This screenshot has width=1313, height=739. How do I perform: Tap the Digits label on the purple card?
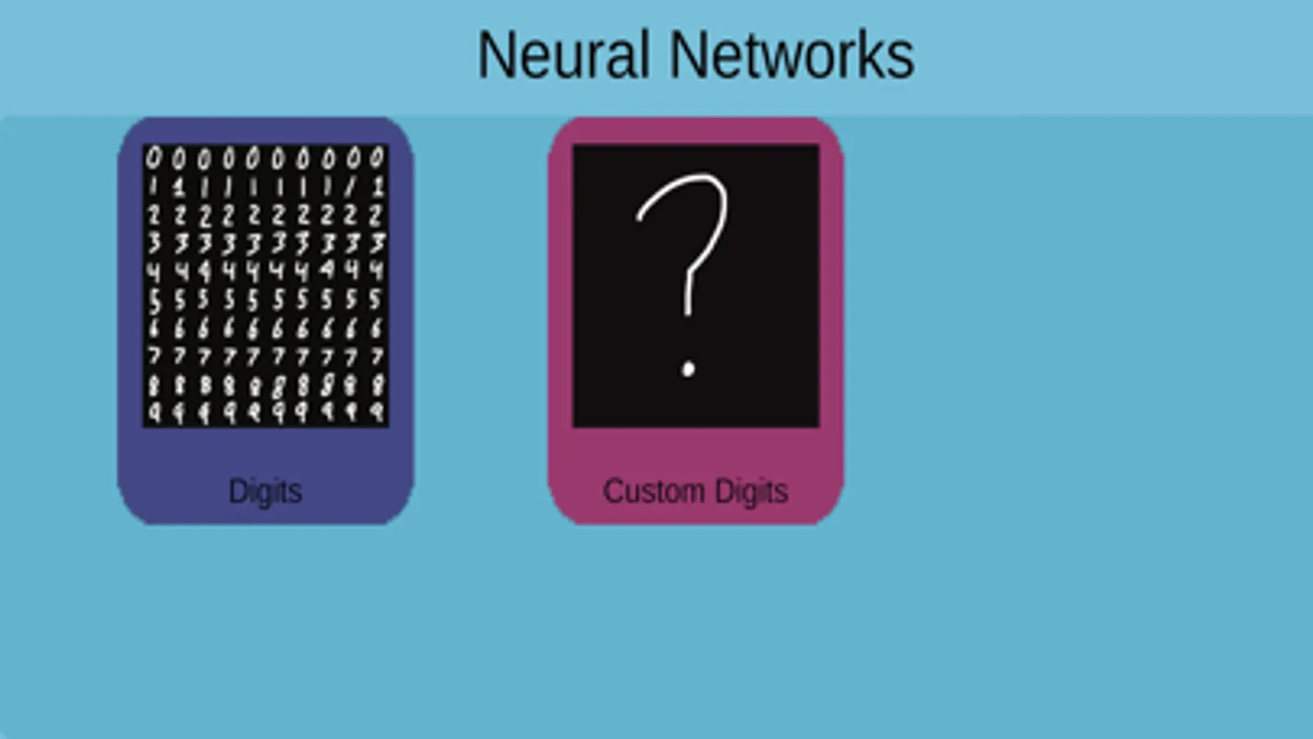(265, 491)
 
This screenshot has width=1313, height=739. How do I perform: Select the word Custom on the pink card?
(654, 491)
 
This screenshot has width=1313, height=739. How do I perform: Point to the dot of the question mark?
(688, 369)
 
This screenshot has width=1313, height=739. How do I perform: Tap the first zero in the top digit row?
(154, 158)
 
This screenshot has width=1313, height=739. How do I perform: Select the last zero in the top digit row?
(377, 158)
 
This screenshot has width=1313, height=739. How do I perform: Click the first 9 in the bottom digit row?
(154, 412)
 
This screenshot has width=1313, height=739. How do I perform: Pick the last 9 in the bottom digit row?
(377, 412)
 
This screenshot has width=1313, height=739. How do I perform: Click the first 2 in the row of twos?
(154, 215)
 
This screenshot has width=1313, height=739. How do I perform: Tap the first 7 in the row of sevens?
(154, 356)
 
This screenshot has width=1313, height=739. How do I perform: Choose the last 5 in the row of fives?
(375, 299)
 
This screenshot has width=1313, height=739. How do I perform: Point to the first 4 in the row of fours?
(154, 271)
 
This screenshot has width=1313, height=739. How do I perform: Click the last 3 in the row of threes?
(377, 243)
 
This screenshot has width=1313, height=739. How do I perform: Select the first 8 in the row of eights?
(154, 384)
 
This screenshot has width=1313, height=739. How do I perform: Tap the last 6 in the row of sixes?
(377, 328)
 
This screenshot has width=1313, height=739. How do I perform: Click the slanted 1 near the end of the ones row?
(351, 186)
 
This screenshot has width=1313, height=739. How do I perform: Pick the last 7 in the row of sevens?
(377, 356)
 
